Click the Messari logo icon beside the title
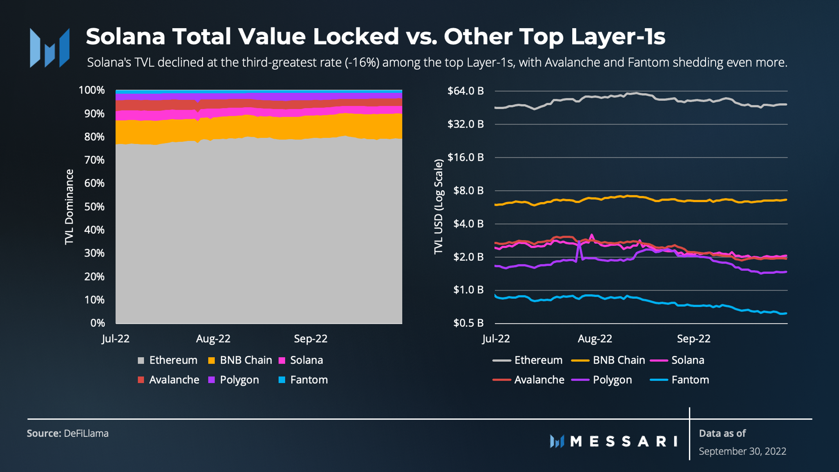click(49, 48)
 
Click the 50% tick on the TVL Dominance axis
click(94, 207)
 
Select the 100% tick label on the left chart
click(92, 90)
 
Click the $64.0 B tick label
click(465, 91)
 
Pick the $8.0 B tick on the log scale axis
click(468, 191)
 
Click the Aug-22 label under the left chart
click(213, 339)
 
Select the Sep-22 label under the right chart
click(693, 339)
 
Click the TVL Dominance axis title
click(69, 207)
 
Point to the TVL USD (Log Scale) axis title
click(439, 207)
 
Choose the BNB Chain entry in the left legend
click(240, 360)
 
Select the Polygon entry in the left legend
click(233, 380)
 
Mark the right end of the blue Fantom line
click(785, 313)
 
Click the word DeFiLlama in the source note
click(86, 434)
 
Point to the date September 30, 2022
click(742, 451)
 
